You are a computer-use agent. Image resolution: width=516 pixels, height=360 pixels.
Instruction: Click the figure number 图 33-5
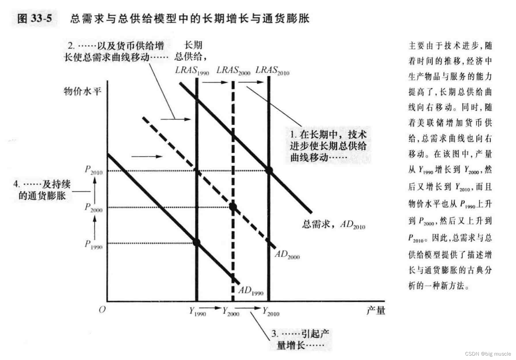coord(35,18)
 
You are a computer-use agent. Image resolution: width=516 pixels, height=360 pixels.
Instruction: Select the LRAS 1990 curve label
coord(192,70)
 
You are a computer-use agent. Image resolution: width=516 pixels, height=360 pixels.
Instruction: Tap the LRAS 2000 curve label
coord(233,70)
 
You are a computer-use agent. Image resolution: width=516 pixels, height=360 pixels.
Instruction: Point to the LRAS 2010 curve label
coord(272,70)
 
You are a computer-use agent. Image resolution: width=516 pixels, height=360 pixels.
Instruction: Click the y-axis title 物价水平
coord(83,91)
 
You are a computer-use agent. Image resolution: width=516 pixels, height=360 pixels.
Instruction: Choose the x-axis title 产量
coord(376,310)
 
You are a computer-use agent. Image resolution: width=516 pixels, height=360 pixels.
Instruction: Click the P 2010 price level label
coord(94,170)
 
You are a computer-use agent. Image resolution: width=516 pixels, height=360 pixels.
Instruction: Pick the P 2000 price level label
coord(93,207)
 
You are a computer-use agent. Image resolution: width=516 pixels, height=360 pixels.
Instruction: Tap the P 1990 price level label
coord(93,244)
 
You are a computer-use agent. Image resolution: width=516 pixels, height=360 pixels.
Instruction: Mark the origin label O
coord(102,309)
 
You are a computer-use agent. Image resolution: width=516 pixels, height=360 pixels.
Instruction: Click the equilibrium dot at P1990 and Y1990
coord(196,242)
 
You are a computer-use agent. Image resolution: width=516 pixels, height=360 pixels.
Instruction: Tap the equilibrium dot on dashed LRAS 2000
coord(233,207)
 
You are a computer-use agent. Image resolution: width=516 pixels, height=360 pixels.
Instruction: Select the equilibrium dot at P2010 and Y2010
coord(269,170)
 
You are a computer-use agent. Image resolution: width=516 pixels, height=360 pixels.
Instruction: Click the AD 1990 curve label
coord(251,291)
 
